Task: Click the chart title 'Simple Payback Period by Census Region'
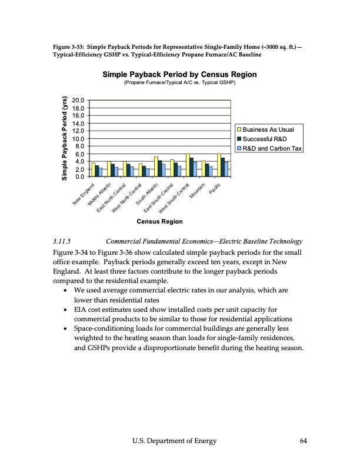pos(179,75)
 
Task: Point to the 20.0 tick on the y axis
pos(78,101)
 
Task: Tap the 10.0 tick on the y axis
pos(78,139)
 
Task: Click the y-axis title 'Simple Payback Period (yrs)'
pos(66,138)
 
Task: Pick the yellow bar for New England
pos(94,169)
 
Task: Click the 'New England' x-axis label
pos(84,194)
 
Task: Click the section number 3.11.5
pos(62,241)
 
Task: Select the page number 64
pos(304,441)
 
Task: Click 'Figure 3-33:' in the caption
pos(61,46)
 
